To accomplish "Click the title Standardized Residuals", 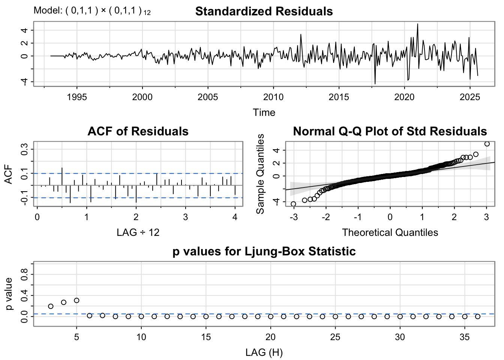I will pyautogui.click(x=264, y=11).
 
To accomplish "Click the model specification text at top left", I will pyautogui.click(x=92, y=11).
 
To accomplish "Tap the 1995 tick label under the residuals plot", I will pyautogui.click(x=76, y=97).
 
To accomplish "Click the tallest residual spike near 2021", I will pyautogui.click(x=418, y=24).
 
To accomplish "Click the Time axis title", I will pyautogui.click(x=264, y=112).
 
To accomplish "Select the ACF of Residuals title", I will pyautogui.click(x=138, y=131).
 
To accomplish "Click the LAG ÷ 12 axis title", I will pyautogui.click(x=138, y=232).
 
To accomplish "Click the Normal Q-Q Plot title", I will pyautogui.click(x=390, y=131).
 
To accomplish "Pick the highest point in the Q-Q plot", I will pyautogui.click(x=487, y=144).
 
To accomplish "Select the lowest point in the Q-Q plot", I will pyautogui.click(x=293, y=204).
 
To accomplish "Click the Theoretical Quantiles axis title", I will pyautogui.click(x=390, y=232).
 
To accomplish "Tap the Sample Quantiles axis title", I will pyautogui.click(x=260, y=174).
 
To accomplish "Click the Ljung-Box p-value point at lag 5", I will pyautogui.click(x=76, y=300).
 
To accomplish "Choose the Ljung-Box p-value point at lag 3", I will pyautogui.click(x=51, y=306).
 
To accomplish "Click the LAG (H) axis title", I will pyautogui.click(x=264, y=352).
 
